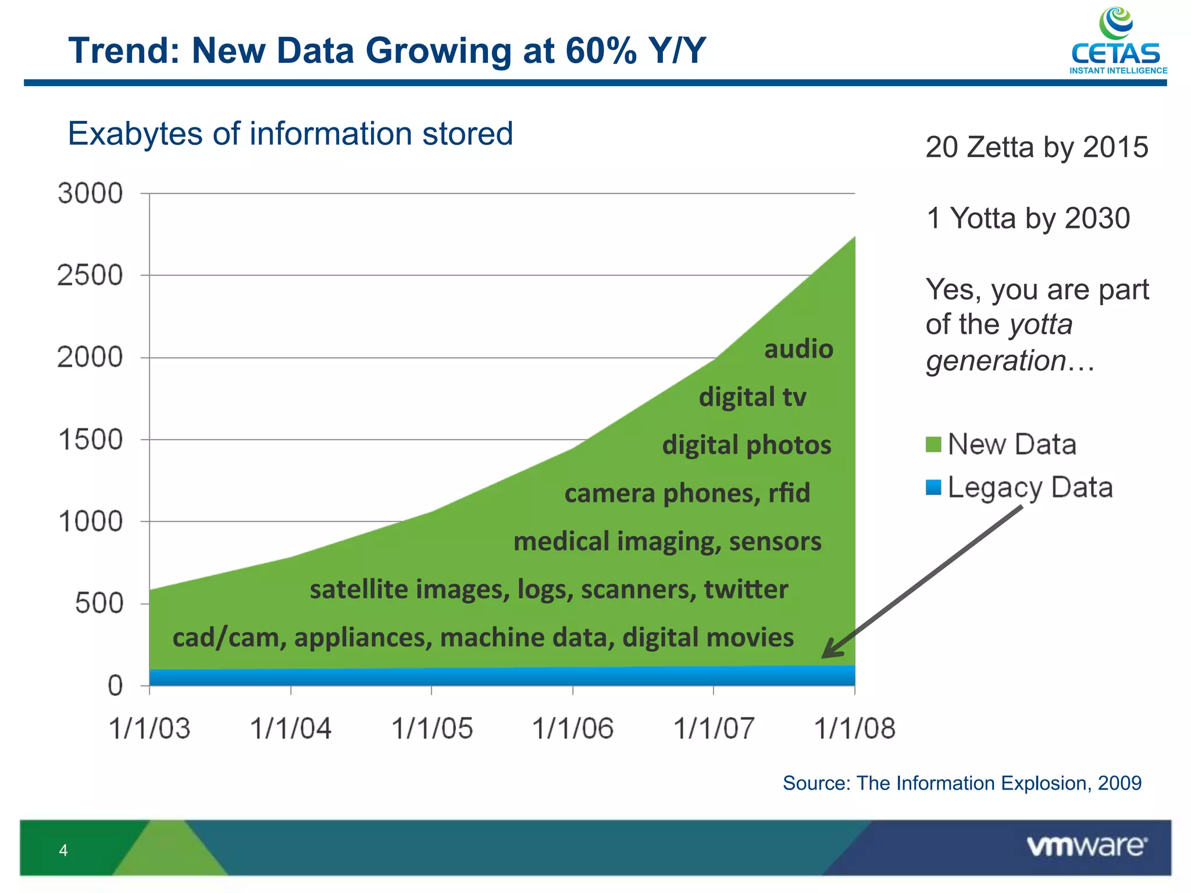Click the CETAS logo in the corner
click(1117, 41)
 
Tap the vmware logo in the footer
click(1086, 846)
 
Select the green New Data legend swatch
click(933, 445)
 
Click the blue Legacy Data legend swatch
click(933, 487)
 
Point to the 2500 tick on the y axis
click(91, 275)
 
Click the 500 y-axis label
click(99, 603)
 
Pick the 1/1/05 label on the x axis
click(432, 728)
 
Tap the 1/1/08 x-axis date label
click(854, 728)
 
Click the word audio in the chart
click(798, 349)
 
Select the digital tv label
click(752, 397)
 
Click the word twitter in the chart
click(746, 589)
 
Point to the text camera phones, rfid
click(687, 493)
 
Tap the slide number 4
click(63, 851)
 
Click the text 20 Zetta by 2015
click(1036, 147)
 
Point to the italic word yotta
click(1041, 324)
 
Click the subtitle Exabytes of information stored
click(290, 134)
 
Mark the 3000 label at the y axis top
click(91, 193)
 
